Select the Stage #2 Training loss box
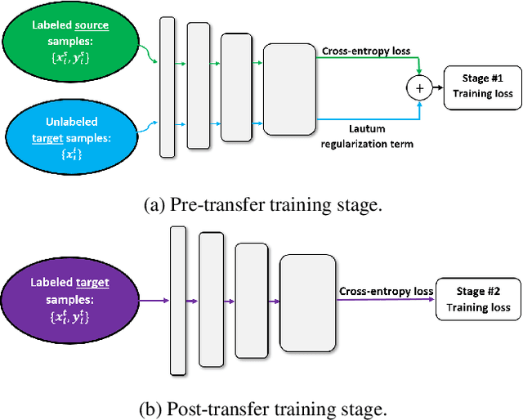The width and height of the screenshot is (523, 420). [x=478, y=300]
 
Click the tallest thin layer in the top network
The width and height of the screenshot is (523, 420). [x=167, y=86]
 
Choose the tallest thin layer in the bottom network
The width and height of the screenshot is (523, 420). [x=178, y=301]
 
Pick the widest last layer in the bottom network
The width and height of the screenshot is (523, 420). [x=307, y=301]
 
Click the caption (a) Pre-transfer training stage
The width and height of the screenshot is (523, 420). [x=261, y=204]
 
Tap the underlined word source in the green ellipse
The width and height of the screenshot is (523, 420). [x=92, y=25]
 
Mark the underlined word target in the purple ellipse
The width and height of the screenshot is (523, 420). [x=92, y=283]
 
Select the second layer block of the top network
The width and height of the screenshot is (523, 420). [x=198, y=86]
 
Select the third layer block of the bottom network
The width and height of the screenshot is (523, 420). [x=252, y=301]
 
